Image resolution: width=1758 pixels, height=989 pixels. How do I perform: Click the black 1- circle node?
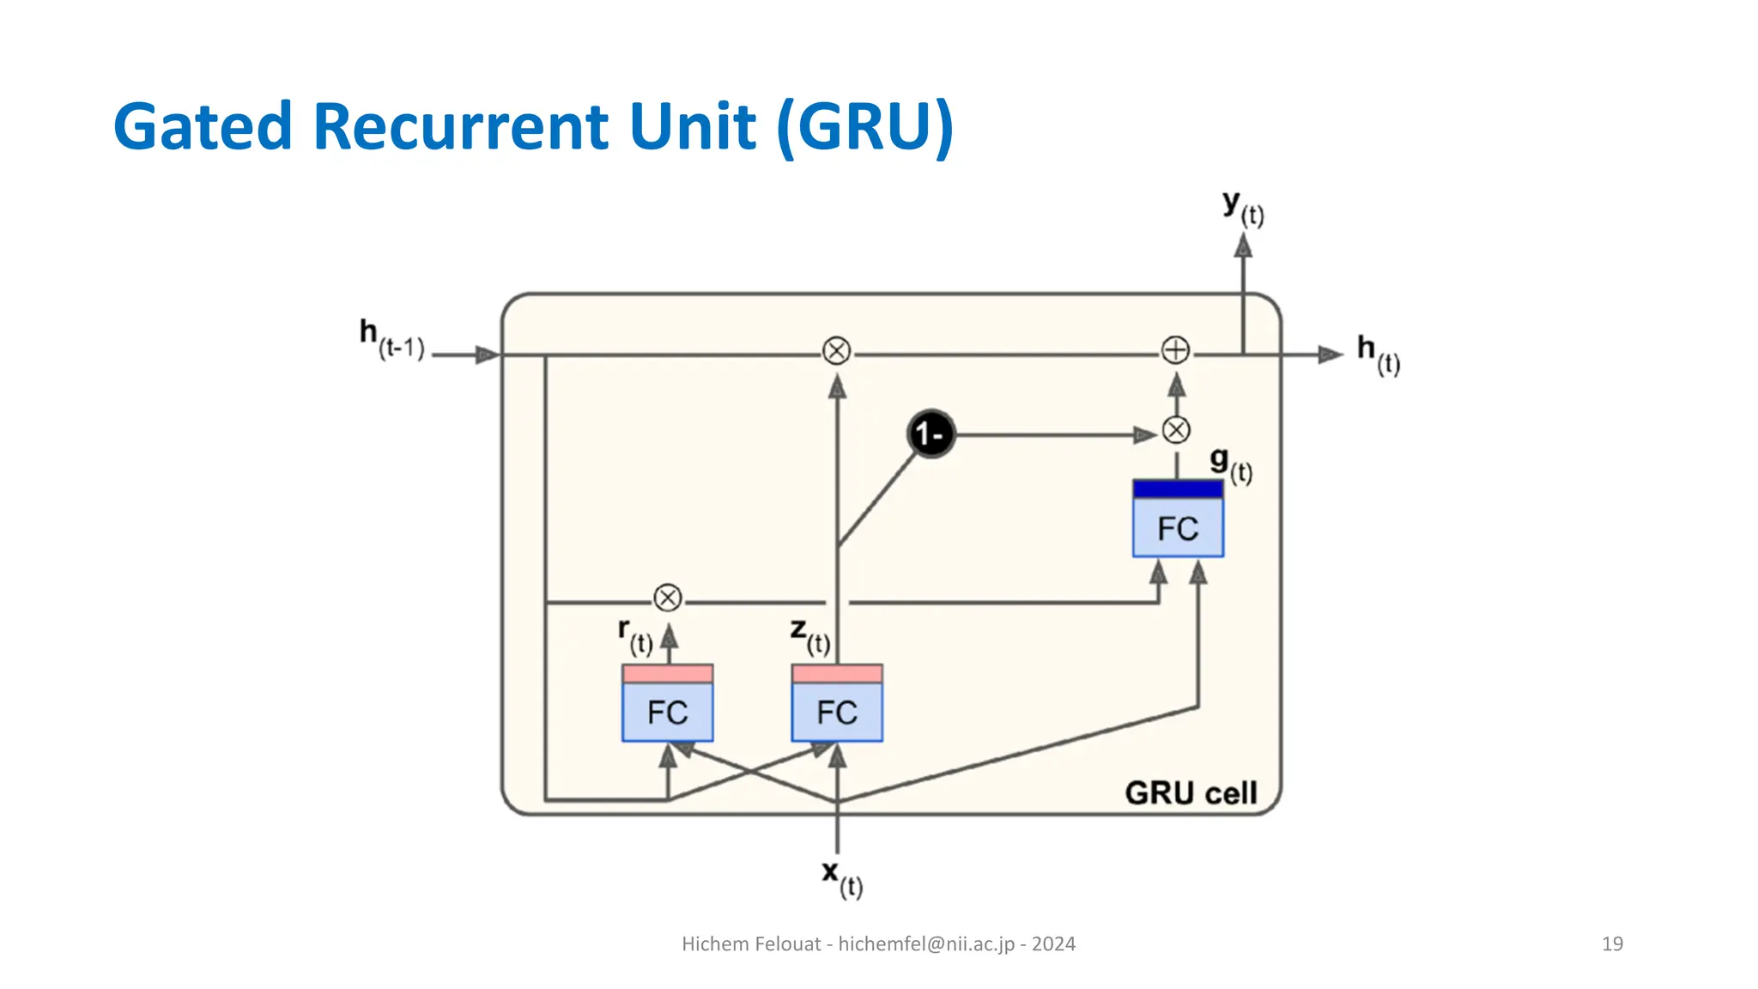(x=931, y=434)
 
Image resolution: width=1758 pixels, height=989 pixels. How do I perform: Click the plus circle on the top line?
(x=1175, y=350)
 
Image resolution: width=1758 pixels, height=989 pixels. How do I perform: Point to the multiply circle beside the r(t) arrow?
(x=668, y=598)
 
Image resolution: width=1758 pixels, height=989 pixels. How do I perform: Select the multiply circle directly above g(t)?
(x=1176, y=430)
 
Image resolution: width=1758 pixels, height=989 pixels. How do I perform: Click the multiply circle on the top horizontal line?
(x=837, y=351)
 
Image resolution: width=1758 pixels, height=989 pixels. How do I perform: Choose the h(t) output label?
(x=1378, y=354)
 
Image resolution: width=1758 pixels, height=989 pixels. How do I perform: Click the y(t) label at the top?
(x=1243, y=208)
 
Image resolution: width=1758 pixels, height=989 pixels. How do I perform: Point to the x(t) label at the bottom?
(x=842, y=878)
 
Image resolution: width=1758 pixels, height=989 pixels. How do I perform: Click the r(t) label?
(x=635, y=635)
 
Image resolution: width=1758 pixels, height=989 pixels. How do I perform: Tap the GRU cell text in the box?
(x=1191, y=792)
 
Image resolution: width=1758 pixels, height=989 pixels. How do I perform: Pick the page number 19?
(x=1612, y=943)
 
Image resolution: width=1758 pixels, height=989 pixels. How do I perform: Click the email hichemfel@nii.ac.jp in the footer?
(x=926, y=943)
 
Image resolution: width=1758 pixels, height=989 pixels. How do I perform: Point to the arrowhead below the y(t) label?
(x=1243, y=246)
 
